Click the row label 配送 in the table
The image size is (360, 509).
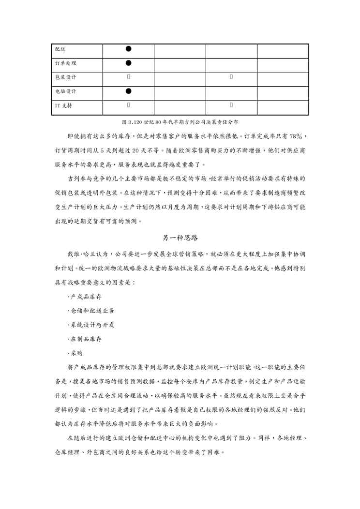click(x=60, y=49)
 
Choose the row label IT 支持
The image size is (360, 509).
click(x=63, y=105)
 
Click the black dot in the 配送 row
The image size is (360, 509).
click(x=128, y=49)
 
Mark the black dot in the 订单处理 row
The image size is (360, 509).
click(x=128, y=63)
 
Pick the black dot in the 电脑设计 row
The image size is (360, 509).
click(x=128, y=91)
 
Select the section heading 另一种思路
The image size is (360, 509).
click(x=180, y=238)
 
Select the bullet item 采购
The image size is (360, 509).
click(x=76, y=354)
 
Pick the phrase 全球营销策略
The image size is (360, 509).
click(x=205, y=254)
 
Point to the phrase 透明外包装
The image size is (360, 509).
click(x=105, y=194)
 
